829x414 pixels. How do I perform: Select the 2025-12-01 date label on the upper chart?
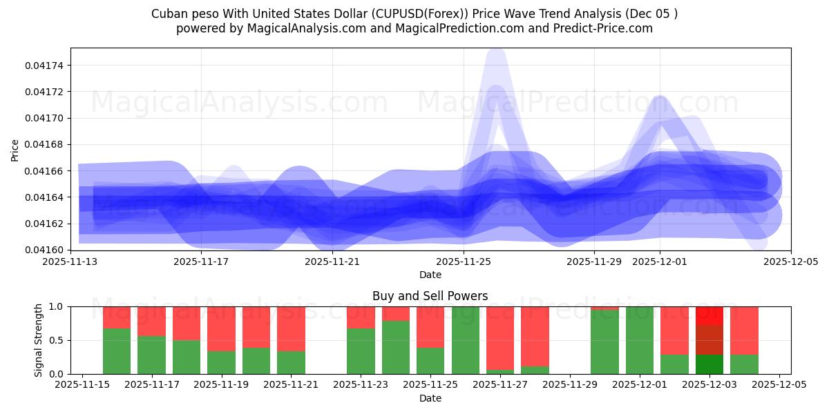pyautogui.click(x=659, y=262)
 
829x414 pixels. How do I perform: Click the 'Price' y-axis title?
pyautogui.click(x=15, y=150)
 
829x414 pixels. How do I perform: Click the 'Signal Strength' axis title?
pyautogui.click(x=39, y=340)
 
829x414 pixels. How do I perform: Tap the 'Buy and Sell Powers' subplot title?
pyautogui.click(x=430, y=296)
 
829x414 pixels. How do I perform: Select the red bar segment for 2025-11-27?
pyautogui.click(x=500, y=338)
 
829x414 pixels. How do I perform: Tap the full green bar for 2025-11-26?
pyautogui.click(x=465, y=340)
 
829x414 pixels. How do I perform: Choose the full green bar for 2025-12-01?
pyautogui.click(x=640, y=340)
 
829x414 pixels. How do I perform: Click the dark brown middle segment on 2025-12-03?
pyautogui.click(x=709, y=340)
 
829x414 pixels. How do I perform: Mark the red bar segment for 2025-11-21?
pyautogui.click(x=291, y=329)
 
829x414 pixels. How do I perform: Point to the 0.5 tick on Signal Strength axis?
pyautogui.click(x=57, y=340)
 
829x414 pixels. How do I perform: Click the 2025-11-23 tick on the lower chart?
pyautogui.click(x=361, y=384)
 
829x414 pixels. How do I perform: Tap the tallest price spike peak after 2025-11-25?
pyautogui.click(x=496, y=52)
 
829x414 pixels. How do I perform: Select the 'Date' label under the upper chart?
pyautogui.click(x=430, y=275)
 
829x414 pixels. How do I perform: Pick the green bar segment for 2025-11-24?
pyautogui.click(x=396, y=347)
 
